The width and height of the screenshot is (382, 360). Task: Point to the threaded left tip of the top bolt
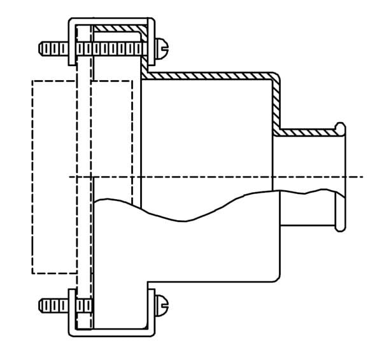[43, 48]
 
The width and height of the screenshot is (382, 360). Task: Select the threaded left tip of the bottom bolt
[43, 306]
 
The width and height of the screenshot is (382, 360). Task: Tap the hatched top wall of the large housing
[210, 76]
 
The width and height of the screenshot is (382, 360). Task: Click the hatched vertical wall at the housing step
[276, 105]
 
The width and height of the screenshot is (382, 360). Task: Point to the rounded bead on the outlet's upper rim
[341, 130]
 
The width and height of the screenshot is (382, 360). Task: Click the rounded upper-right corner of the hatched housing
[275, 76]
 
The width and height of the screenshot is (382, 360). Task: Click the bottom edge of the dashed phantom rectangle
[54, 273]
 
